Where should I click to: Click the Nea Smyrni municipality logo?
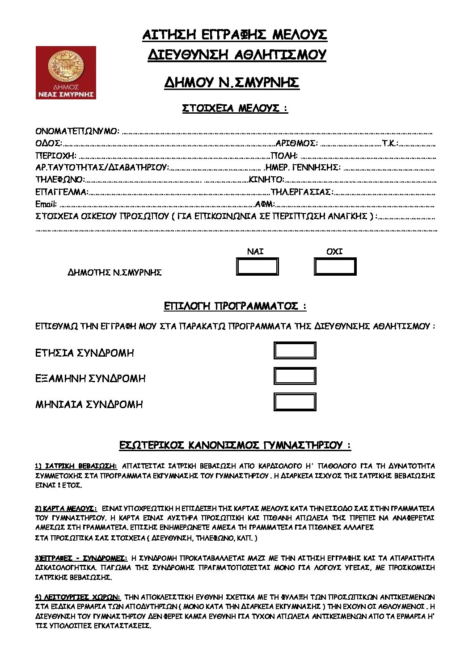(x=66, y=72)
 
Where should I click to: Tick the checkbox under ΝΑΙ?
(x=257, y=267)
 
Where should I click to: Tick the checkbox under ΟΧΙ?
(x=335, y=267)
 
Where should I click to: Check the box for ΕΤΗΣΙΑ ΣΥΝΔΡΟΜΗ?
(x=295, y=350)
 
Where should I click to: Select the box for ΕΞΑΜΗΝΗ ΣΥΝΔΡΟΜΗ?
(x=295, y=376)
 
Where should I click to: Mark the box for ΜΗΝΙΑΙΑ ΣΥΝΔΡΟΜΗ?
(x=295, y=402)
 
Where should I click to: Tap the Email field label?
(x=46, y=205)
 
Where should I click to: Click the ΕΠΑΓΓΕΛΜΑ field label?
(x=62, y=192)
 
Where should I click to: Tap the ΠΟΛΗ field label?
(x=284, y=156)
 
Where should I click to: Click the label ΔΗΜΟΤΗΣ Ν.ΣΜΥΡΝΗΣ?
(x=114, y=272)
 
